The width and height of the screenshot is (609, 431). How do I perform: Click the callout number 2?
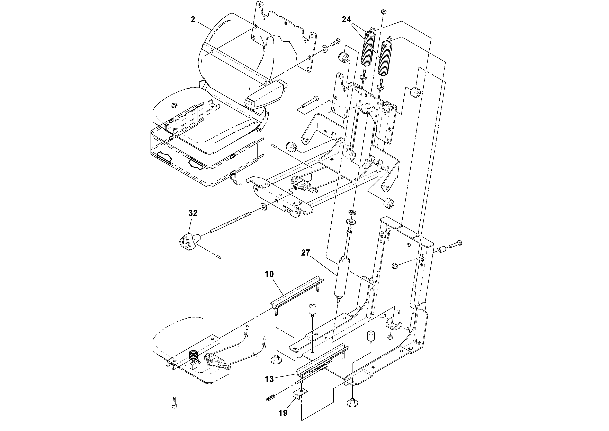point(193,19)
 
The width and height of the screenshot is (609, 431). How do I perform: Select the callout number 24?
point(346,19)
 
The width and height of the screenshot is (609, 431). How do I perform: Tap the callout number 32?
point(193,213)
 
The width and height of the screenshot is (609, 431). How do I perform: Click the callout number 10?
point(269,274)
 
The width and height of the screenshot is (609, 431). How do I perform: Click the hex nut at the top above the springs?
point(383,11)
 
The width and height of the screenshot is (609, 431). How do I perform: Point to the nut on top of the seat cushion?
point(173,105)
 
